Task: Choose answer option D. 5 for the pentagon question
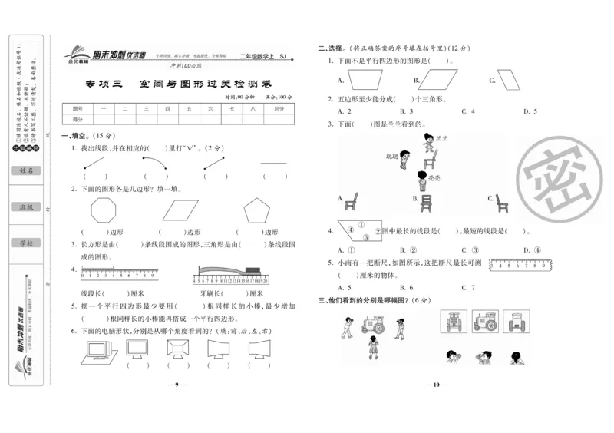(530, 112)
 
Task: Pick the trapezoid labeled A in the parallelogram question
(365, 79)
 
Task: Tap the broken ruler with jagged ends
(522, 263)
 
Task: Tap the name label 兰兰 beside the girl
(441, 139)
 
